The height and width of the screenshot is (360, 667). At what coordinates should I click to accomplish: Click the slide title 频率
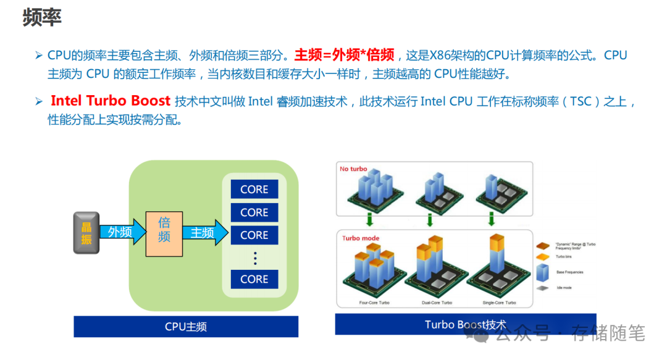[42, 17]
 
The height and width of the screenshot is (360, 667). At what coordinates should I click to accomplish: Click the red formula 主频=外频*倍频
[344, 56]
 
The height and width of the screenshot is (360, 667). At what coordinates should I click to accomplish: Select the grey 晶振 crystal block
[86, 233]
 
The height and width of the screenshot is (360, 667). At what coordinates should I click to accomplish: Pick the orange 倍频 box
[164, 233]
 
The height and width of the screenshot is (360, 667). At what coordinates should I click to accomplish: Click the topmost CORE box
[254, 190]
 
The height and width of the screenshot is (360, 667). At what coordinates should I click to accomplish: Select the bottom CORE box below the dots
[254, 279]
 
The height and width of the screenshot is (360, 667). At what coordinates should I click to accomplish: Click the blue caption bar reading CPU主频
[186, 327]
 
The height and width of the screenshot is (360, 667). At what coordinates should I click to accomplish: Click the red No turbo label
[353, 169]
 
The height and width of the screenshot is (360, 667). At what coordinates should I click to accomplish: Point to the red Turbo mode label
[361, 238]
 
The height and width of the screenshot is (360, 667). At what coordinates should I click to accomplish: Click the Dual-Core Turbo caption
[438, 303]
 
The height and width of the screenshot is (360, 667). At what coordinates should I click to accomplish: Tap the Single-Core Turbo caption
[500, 303]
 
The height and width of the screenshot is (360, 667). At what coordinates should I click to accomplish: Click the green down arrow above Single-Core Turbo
[492, 219]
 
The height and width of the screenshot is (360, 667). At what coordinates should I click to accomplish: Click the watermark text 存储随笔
[608, 333]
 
